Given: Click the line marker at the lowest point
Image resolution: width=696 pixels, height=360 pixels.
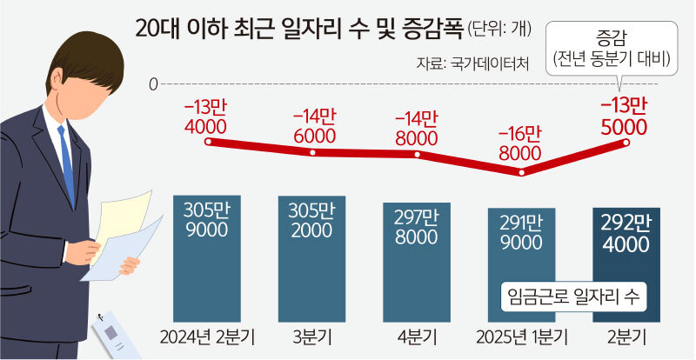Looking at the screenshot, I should [x=521, y=172].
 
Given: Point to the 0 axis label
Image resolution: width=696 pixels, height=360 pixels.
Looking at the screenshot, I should [x=153, y=84].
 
